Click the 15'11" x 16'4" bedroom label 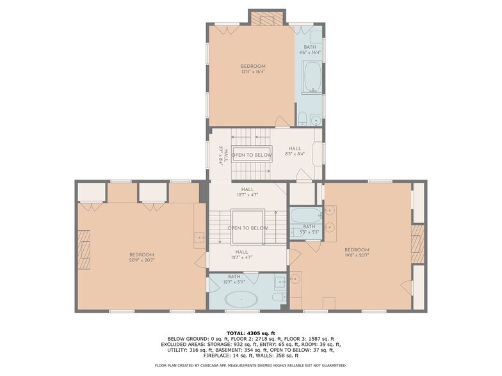(253, 69)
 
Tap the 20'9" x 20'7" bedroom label (142, 257)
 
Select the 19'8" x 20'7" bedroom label (357, 253)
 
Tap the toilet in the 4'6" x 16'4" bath (302, 118)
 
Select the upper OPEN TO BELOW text (251, 155)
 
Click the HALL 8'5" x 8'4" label (295, 151)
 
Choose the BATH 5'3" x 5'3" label (309, 229)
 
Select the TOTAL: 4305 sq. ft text (251, 333)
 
